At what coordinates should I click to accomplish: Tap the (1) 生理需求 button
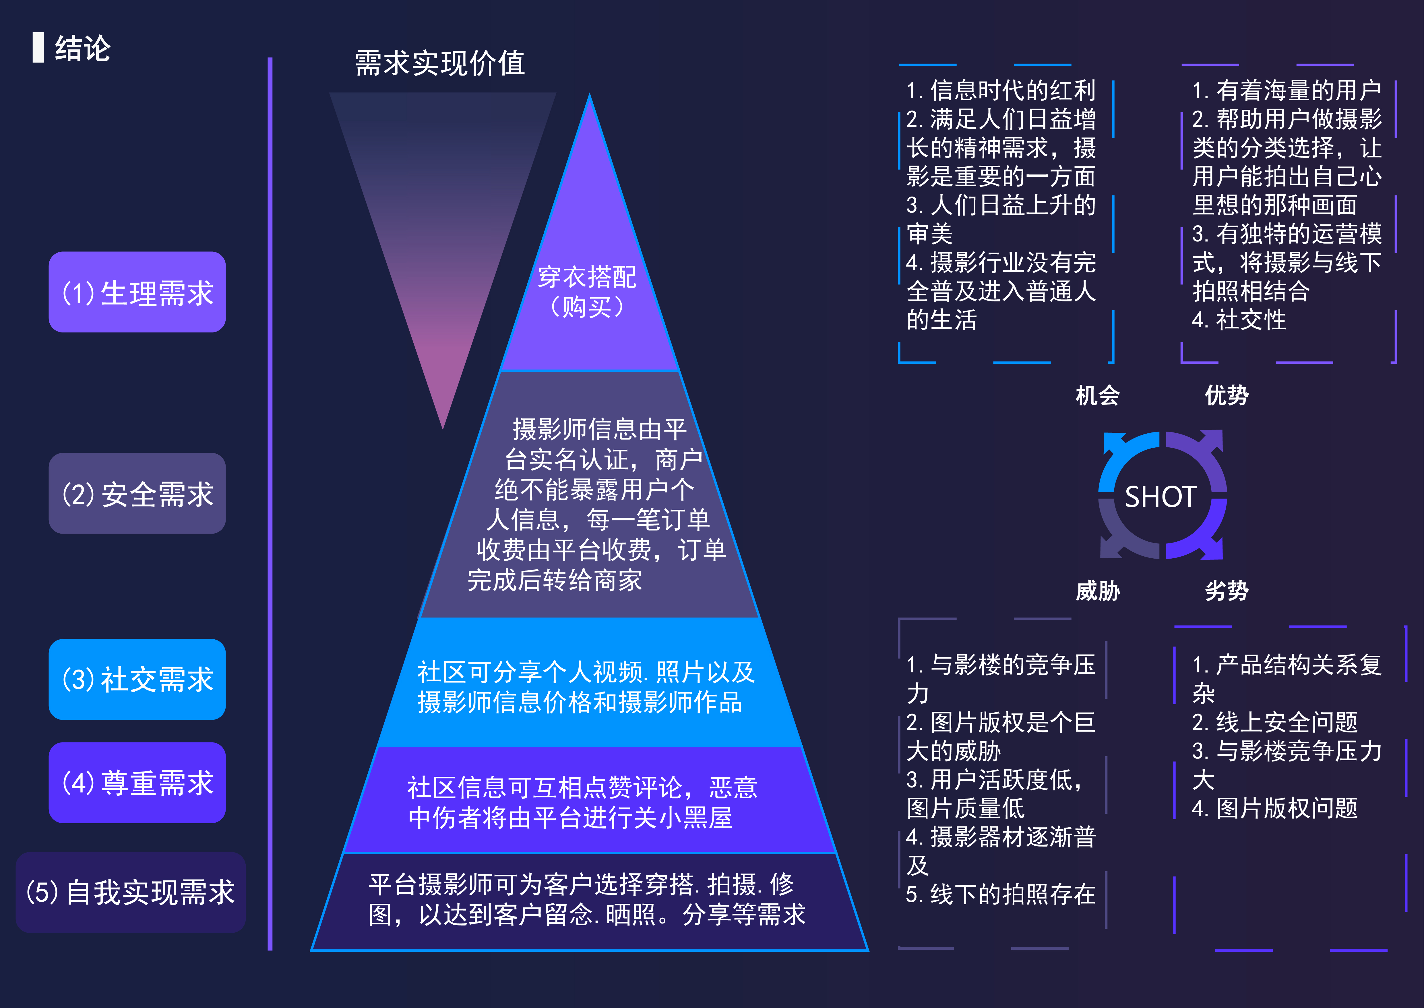click(x=137, y=292)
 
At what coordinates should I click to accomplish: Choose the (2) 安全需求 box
click(x=137, y=493)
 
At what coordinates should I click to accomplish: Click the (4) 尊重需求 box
click(x=137, y=783)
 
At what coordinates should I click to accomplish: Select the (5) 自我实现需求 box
click(x=130, y=892)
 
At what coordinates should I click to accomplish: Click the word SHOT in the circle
click(x=1160, y=497)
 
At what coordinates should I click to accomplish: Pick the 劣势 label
click(x=1226, y=590)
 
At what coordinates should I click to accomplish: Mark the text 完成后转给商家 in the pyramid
click(x=555, y=580)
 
